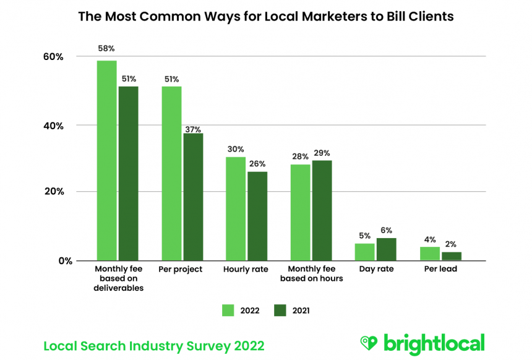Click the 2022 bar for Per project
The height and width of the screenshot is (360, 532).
(x=171, y=173)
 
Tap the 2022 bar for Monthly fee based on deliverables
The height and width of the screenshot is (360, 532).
(x=106, y=160)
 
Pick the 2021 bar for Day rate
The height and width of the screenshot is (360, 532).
(x=386, y=249)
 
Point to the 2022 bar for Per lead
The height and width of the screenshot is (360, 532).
(x=430, y=254)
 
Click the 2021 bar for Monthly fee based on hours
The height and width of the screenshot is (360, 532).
(x=322, y=210)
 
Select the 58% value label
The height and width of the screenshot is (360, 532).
(x=106, y=48)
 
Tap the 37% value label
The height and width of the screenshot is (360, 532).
(x=193, y=129)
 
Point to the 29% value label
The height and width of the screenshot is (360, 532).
(x=322, y=153)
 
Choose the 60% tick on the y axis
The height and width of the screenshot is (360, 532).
(x=53, y=57)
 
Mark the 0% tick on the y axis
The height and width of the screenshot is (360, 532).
(x=56, y=260)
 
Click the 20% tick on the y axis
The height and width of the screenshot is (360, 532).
(x=53, y=192)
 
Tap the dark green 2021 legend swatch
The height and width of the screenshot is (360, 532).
(x=280, y=311)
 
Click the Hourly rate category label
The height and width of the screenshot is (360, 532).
(x=246, y=270)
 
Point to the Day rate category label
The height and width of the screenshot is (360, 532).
(x=376, y=270)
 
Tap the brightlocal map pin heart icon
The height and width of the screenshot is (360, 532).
(x=369, y=343)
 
